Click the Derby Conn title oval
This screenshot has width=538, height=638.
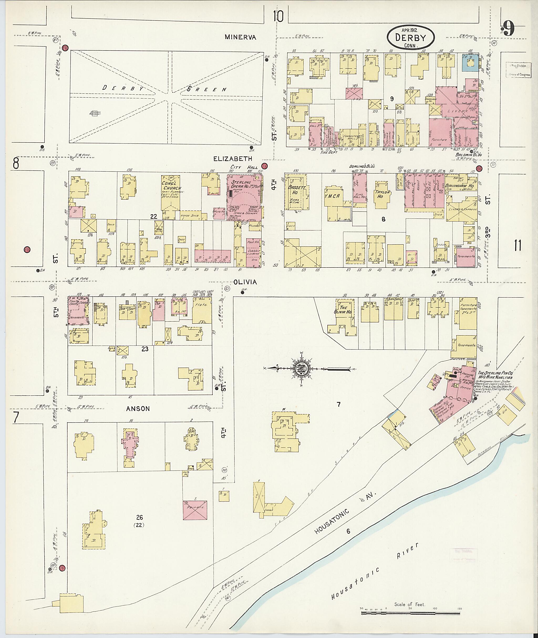pyautogui.click(x=411, y=38)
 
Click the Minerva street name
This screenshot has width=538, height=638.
pyautogui.click(x=240, y=37)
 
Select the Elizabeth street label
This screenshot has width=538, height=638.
pyautogui.click(x=233, y=159)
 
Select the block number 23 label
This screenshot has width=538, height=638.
pyautogui.click(x=145, y=349)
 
